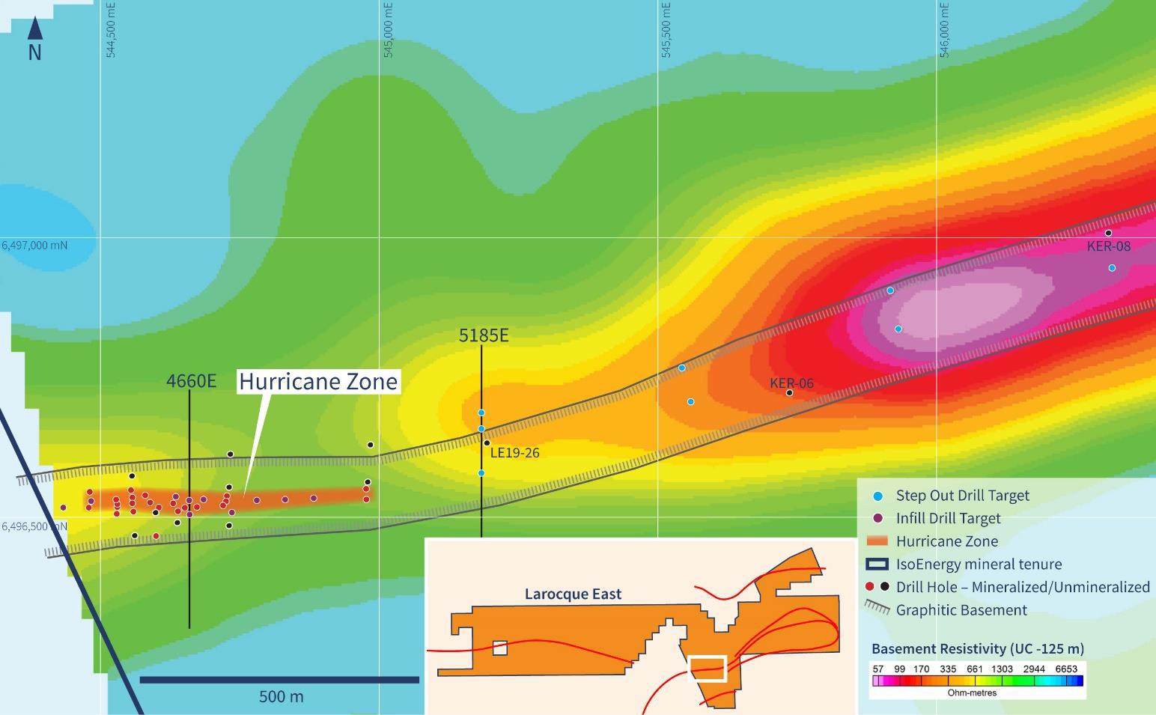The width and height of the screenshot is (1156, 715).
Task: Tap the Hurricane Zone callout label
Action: tap(318, 382)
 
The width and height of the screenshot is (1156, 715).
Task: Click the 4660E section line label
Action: tap(191, 381)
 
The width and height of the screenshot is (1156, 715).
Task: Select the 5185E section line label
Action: tap(483, 335)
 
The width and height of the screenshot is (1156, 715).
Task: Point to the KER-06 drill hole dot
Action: tap(789, 393)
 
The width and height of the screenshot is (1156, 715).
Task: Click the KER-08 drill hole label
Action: tap(1109, 246)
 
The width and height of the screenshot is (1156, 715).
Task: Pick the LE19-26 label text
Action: tap(514, 453)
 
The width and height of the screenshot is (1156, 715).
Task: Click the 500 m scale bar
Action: tap(279, 680)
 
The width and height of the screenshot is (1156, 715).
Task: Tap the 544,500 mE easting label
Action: tap(112, 30)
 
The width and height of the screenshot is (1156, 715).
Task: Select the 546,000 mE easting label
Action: tap(945, 30)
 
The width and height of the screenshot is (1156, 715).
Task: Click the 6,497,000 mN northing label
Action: tap(34, 246)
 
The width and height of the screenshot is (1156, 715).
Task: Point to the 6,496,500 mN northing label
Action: tap(34, 526)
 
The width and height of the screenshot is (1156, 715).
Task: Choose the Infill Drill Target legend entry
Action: tap(948, 518)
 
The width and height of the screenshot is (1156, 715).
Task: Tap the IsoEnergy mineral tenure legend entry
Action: tap(979, 565)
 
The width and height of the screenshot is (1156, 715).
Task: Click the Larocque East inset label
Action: tap(573, 594)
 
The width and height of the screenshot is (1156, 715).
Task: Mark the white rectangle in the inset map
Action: tap(707, 669)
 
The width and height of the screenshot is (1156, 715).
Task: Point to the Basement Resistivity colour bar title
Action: tap(977, 649)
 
